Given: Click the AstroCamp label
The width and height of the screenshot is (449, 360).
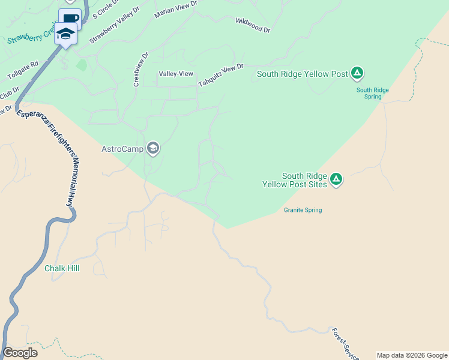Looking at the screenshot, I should (122, 149).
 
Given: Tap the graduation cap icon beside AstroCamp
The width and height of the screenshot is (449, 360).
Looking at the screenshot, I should (153, 148).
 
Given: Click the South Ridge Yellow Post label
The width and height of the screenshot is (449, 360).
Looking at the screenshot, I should (303, 74).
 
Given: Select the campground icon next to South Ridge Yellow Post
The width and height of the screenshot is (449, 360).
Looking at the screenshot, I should (357, 73).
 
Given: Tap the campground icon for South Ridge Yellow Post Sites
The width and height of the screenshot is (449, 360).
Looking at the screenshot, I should (336, 179).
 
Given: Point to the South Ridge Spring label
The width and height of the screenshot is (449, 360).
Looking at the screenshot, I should (373, 93).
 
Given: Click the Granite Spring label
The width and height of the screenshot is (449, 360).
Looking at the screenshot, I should (303, 210).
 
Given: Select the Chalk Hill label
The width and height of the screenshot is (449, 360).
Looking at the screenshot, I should (62, 268).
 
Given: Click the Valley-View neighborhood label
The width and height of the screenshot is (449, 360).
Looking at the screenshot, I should (176, 74).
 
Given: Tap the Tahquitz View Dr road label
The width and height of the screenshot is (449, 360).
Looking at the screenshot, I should (221, 76).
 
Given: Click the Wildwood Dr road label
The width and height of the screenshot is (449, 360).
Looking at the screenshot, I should (253, 25).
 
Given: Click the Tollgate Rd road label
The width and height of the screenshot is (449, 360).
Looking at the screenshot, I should (23, 71).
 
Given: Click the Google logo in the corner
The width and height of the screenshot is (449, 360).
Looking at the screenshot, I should (20, 353).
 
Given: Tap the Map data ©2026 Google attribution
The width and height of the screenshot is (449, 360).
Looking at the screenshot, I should (412, 355).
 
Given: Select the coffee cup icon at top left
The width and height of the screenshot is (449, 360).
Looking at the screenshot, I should (70, 18).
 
